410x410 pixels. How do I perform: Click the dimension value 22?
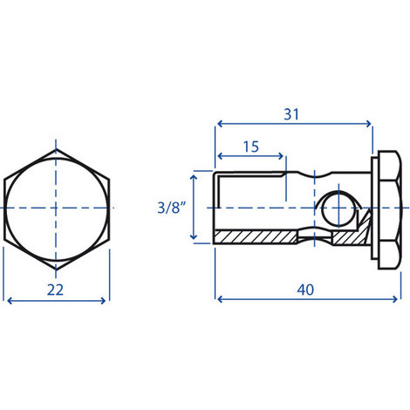[55, 290]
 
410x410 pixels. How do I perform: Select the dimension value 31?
[291, 114]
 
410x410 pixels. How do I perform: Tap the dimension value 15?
[251, 147]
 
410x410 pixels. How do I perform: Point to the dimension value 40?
[305, 290]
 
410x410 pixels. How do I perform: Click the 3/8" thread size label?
[171, 208]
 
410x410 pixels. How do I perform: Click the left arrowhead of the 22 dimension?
[10, 301]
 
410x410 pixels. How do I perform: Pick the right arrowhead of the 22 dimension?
[103, 301]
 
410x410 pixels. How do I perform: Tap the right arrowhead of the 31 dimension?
[368, 124]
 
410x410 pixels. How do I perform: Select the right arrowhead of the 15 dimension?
[280, 156]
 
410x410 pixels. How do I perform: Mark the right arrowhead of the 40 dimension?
[394, 299]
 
